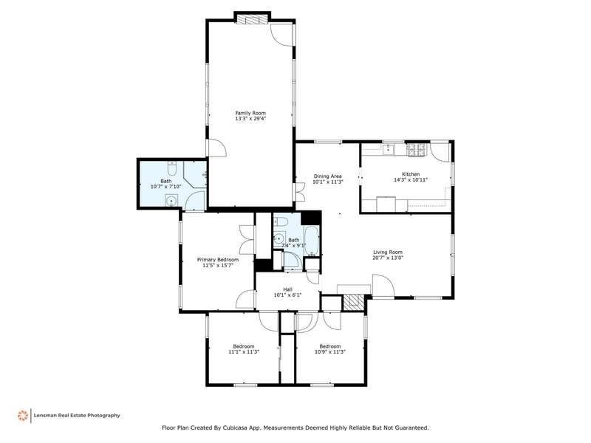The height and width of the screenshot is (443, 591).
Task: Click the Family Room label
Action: click(x=250, y=113)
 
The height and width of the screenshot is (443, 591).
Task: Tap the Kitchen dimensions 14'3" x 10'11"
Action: click(x=411, y=179)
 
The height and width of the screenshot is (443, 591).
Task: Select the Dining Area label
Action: click(x=327, y=176)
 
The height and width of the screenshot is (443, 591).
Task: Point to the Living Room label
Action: click(x=388, y=252)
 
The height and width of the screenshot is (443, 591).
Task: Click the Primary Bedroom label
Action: click(x=218, y=260)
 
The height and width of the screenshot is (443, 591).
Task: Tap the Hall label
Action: click(x=287, y=289)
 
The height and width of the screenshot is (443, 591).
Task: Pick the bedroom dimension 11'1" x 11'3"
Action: click(x=244, y=352)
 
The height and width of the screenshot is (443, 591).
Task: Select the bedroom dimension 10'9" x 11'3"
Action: click(x=330, y=352)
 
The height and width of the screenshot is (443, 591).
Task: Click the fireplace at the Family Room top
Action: click(x=252, y=20)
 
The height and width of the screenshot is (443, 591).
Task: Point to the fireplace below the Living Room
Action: click(x=354, y=302)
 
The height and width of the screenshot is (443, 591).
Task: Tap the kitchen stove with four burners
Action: click(x=416, y=150)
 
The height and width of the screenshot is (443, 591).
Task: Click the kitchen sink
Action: click(x=389, y=149)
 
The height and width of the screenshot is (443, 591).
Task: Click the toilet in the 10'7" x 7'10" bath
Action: click(x=172, y=169)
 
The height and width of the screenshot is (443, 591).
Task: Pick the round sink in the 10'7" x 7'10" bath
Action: click(x=171, y=201)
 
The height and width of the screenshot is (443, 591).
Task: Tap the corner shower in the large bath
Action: click(x=195, y=174)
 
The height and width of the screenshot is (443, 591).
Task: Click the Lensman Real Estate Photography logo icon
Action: click(x=23, y=415)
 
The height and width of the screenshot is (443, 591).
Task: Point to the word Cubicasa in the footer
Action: click(x=235, y=427)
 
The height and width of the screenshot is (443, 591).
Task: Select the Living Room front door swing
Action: click(x=383, y=286)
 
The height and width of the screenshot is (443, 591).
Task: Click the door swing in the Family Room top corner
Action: click(x=281, y=35)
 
